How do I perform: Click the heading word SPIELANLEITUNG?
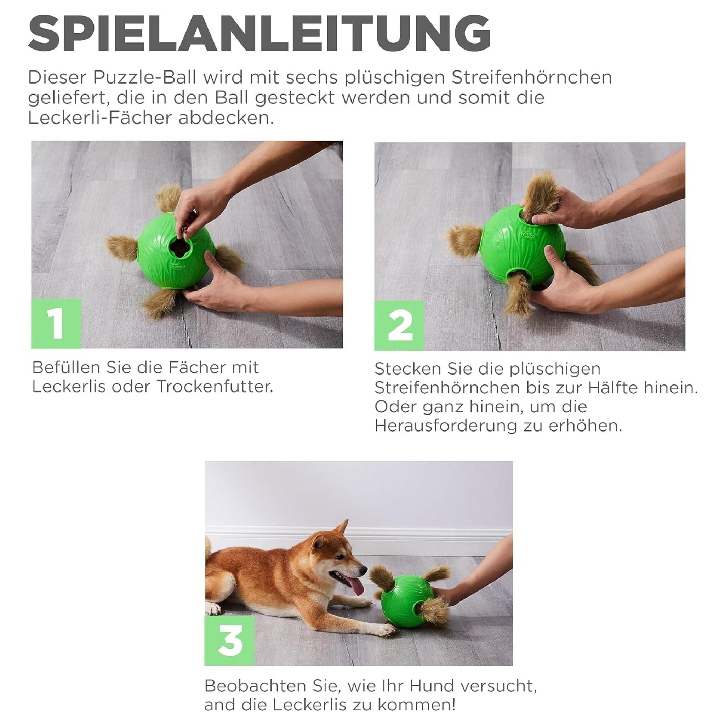tap(259, 34)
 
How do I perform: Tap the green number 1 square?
tap(56, 324)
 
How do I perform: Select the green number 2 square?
tap(399, 325)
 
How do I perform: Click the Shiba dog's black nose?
tap(365, 570)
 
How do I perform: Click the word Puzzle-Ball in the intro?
tap(144, 78)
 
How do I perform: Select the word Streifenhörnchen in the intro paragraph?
tap(531, 78)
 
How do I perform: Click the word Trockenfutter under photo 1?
tap(214, 387)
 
